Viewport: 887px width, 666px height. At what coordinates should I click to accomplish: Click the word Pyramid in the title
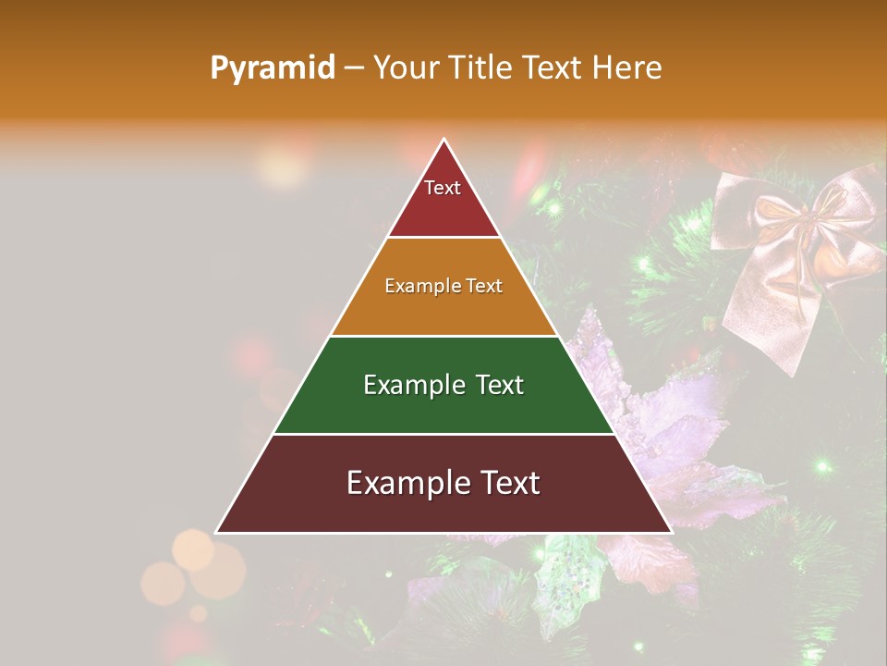click(x=272, y=68)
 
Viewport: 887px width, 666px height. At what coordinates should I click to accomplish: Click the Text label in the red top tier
click(x=443, y=188)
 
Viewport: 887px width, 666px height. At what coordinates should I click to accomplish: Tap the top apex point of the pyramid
click(x=444, y=140)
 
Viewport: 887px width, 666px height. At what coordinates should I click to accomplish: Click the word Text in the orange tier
click(x=485, y=286)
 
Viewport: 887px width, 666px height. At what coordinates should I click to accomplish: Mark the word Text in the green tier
click(x=500, y=385)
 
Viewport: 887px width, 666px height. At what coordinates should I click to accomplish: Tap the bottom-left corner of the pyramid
click(x=217, y=532)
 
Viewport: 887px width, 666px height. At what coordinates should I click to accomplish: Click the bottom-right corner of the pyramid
click(x=672, y=532)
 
